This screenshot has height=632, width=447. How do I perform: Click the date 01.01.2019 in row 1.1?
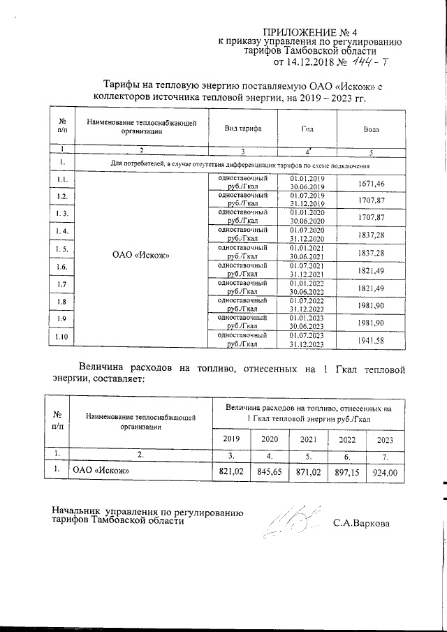tap(307, 178)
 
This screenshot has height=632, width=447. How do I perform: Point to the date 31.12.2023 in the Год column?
tap(307, 344)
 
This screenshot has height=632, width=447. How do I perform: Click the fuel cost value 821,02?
tap(230, 473)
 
